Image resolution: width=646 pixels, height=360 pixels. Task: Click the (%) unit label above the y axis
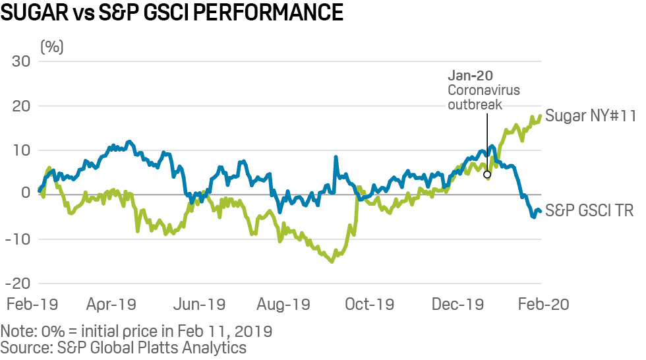click(x=52, y=47)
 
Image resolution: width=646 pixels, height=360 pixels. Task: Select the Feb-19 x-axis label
click(x=32, y=304)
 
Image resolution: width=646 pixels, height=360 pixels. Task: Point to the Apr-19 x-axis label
click(x=111, y=304)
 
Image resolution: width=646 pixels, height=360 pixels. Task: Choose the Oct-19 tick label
click(x=370, y=304)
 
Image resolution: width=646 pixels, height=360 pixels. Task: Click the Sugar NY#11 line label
click(x=590, y=117)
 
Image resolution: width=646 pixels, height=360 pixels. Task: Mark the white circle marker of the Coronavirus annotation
click(x=487, y=175)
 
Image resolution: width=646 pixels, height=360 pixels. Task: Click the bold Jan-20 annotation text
click(x=470, y=76)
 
